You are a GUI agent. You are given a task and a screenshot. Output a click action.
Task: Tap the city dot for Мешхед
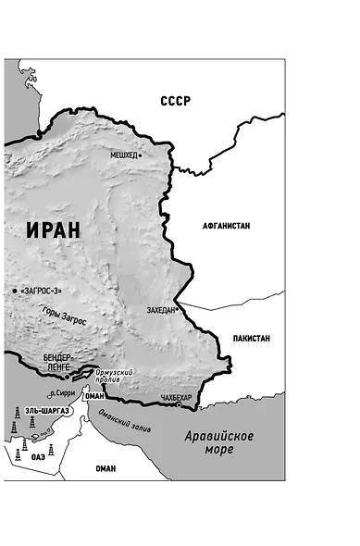(x=140, y=155)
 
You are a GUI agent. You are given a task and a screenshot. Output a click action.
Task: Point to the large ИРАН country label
(x=54, y=230)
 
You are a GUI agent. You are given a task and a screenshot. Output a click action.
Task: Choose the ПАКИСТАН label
(x=252, y=339)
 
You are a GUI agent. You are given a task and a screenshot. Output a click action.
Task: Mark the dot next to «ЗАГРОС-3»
(x=15, y=291)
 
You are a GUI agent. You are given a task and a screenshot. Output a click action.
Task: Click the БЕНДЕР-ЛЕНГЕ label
(x=62, y=362)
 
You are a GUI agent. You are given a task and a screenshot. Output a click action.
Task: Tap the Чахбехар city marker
(x=179, y=404)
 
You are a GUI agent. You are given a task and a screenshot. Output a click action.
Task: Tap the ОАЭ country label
(x=38, y=454)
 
